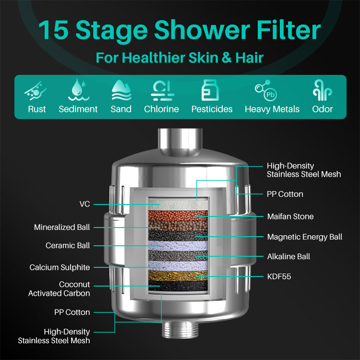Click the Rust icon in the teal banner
pyautogui.click(x=36, y=91)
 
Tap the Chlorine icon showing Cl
pyautogui.click(x=162, y=91)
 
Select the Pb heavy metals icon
pyautogui.click(x=266, y=90)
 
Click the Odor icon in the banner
pyautogui.click(x=322, y=90)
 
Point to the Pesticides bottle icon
pyautogui.click(x=210, y=90)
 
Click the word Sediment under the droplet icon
pyautogui.click(x=78, y=109)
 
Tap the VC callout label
pyautogui.click(x=84, y=204)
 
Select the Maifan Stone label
pyautogui.click(x=290, y=216)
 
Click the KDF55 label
pyautogui.click(x=279, y=276)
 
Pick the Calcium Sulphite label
pyautogui.click(x=60, y=267)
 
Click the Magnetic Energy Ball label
pyautogui.click(x=305, y=237)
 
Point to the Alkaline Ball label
pyautogui.click(x=288, y=256)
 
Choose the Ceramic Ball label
pyautogui.click(x=68, y=245)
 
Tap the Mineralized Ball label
pyautogui.click(x=62, y=227)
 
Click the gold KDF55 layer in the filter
pyautogui.click(x=178, y=276)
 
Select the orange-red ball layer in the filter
pyautogui.click(x=178, y=216)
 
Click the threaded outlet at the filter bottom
pyautogui.click(x=180, y=330)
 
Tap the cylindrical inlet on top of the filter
pyautogui.click(x=180, y=141)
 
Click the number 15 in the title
pyautogui.click(x=53, y=30)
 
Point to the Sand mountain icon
pyautogui.click(x=121, y=90)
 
